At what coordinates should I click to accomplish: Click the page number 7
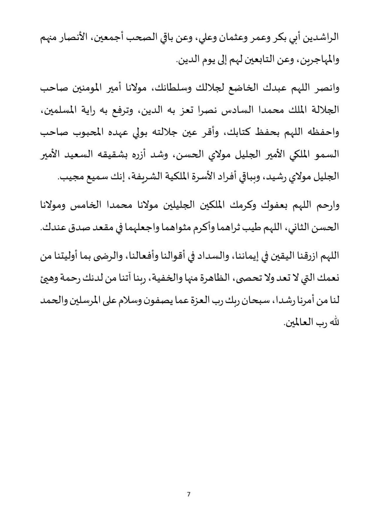point(188,495)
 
